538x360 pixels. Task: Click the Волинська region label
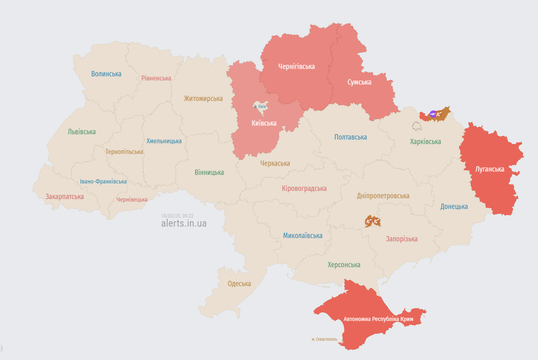pos(106,74)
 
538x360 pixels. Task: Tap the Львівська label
pos(82,132)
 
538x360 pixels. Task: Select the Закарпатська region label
pos(64,197)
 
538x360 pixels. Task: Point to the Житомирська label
pos(203,99)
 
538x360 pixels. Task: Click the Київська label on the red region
pos(264,123)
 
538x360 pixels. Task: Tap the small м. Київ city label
pos(260,107)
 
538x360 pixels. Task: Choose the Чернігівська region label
pos(296,66)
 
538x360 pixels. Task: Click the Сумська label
pos(359,82)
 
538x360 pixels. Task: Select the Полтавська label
pos(350,137)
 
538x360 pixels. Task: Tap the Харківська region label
pos(425,142)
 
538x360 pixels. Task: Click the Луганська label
pos(490,169)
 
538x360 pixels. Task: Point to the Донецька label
pos(454,206)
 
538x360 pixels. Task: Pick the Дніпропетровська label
pos(383,196)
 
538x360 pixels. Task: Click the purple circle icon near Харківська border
pos(433,114)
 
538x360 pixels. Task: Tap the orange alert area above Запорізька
pos(373,222)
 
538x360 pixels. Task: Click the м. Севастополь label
pos(324,339)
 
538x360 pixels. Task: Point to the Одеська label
pos(239,284)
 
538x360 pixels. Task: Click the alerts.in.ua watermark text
pos(184,223)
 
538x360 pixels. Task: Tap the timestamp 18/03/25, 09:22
pos(177,216)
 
